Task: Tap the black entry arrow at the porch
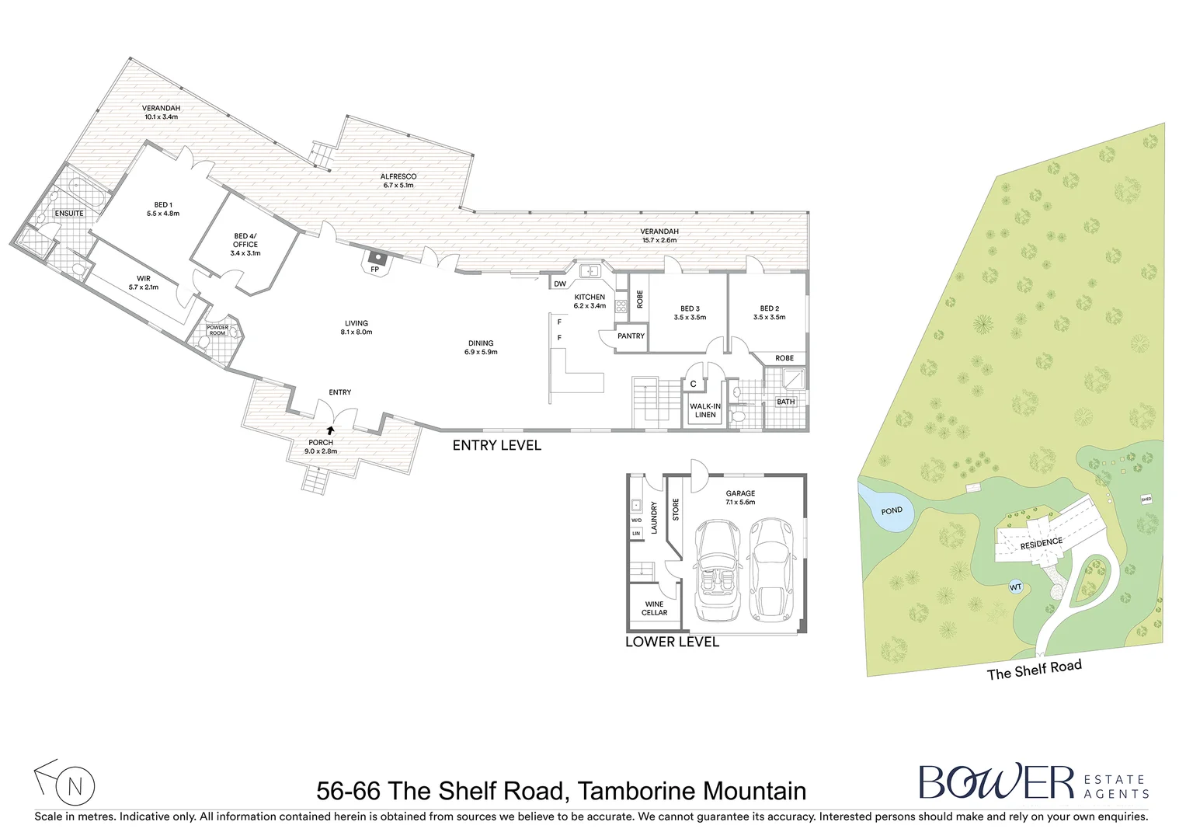pyautogui.click(x=331, y=429)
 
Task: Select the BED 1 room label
pyautogui.click(x=163, y=209)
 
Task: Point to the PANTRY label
pyautogui.click(x=631, y=336)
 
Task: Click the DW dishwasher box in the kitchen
pyautogui.click(x=560, y=284)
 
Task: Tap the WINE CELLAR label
pyautogui.click(x=654, y=608)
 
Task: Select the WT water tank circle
pyautogui.click(x=1015, y=587)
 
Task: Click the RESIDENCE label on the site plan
pyautogui.click(x=1041, y=543)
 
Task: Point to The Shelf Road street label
pyautogui.click(x=1034, y=670)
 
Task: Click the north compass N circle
pyautogui.click(x=75, y=786)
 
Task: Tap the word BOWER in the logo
pyautogui.click(x=996, y=782)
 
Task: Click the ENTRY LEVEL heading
pyautogui.click(x=496, y=445)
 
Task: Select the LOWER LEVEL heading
pyautogui.click(x=672, y=642)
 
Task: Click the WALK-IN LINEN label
pyautogui.click(x=705, y=410)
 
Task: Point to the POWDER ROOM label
pyautogui.click(x=217, y=330)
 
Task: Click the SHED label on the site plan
pyautogui.click(x=1146, y=500)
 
